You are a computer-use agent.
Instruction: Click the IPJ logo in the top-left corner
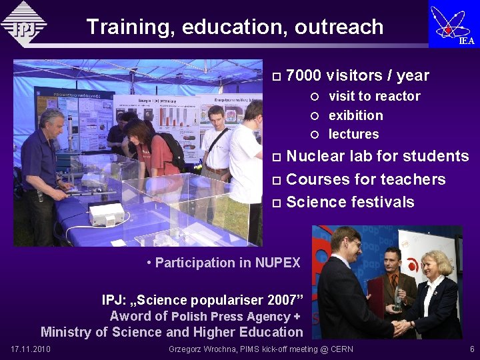pos(24,24)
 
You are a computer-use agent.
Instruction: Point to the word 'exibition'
pos(355,115)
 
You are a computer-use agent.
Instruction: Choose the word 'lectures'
pos(353,134)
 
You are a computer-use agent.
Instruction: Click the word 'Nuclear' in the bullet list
pos(315,156)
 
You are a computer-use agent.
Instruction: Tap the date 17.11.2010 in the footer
pos(31,349)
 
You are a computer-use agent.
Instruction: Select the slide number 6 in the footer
pos(472,349)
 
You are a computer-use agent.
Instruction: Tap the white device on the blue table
pos(107,213)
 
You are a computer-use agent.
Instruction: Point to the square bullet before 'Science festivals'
pos(277,203)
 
